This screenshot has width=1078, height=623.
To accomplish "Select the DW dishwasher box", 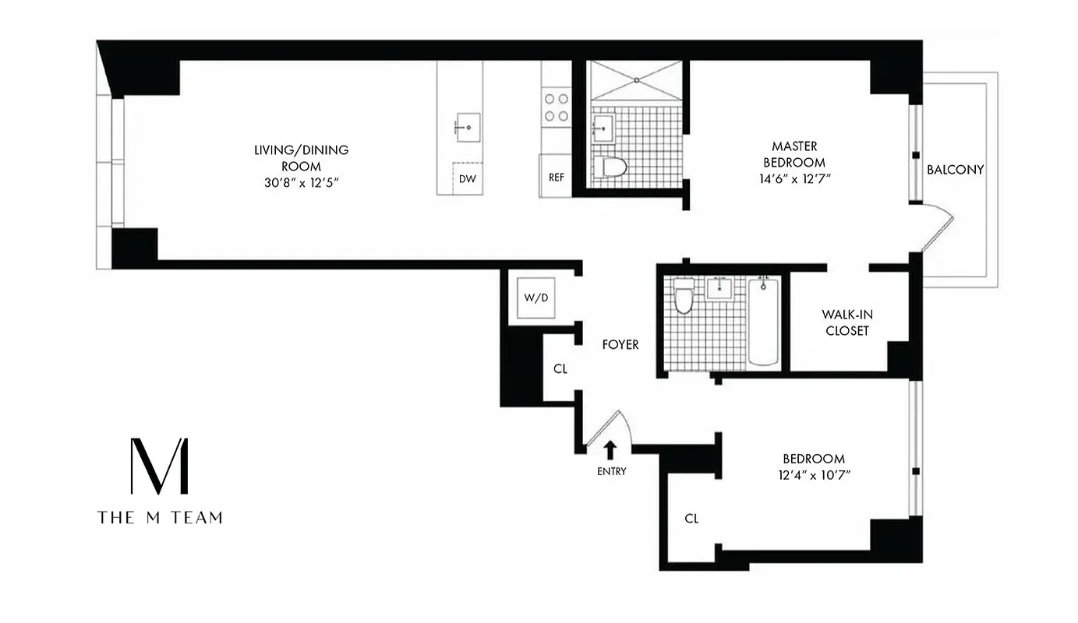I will [x=468, y=179].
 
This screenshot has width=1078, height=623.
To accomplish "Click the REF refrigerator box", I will [x=557, y=177].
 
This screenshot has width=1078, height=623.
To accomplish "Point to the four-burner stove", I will [x=557, y=107].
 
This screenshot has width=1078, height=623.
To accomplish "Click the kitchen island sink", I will [x=468, y=125].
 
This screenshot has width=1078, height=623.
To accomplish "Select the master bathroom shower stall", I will [x=636, y=81].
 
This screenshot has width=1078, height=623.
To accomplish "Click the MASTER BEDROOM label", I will [x=794, y=154].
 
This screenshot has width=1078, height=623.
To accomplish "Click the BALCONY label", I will [x=955, y=169].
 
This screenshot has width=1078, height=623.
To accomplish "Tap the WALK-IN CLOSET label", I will [x=845, y=322].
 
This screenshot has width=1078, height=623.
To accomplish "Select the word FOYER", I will [x=620, y=344].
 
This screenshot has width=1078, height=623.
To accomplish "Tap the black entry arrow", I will [x=610, y=449].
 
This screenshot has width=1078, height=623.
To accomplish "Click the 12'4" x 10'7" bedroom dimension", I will [x=814, y=474].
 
